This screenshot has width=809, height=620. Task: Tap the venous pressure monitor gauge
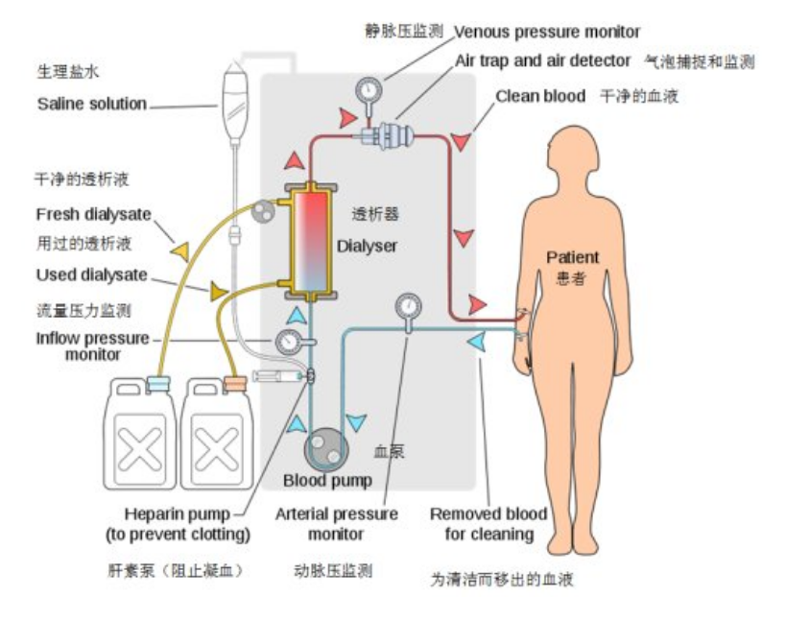[x=367, y=92]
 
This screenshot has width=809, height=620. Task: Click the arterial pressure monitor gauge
[x=408, y=307]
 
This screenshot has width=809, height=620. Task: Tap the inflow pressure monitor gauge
[x=286, y=342]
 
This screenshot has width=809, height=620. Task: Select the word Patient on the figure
[x=572, y=257]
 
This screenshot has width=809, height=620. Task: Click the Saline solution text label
[x=92, y=104]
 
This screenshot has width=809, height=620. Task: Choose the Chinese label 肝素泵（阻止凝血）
[x=175, y=570]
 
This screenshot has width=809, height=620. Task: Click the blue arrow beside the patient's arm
[x=476, y=341]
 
